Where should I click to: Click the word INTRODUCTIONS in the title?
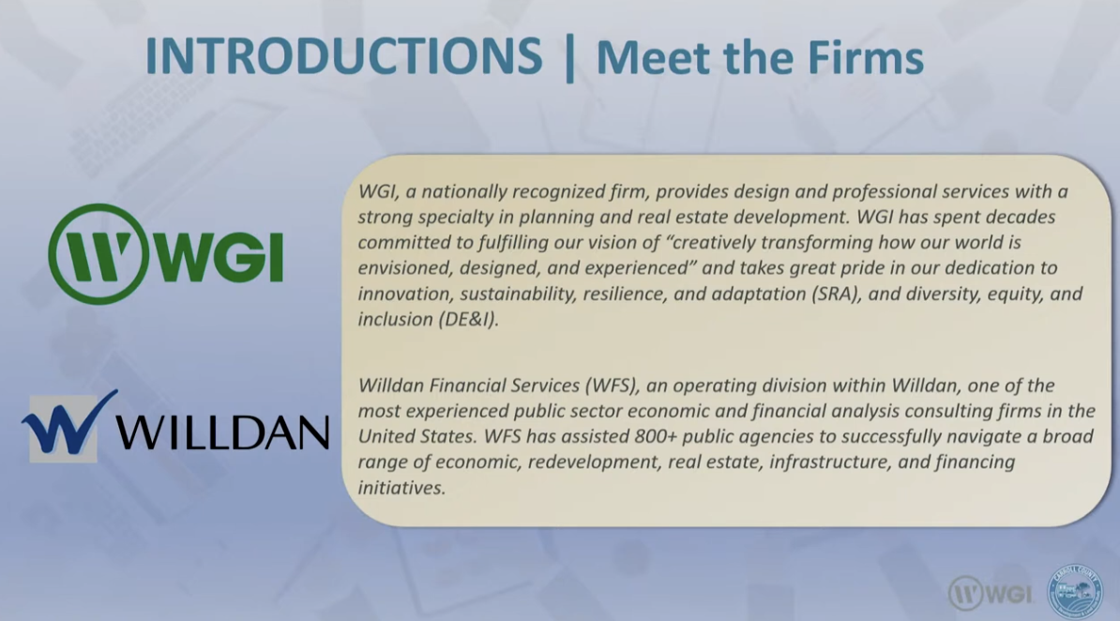pos(343,56)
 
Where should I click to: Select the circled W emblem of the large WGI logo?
pos(98,253)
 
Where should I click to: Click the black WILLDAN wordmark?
pos(222,432)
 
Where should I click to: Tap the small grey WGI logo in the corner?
pos(990,593)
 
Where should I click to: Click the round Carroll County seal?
pos(1075,592)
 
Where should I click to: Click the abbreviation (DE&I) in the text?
pos(468,320)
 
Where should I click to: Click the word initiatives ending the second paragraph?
pos(401,488)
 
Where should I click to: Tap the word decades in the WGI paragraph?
pos(1021,217)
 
